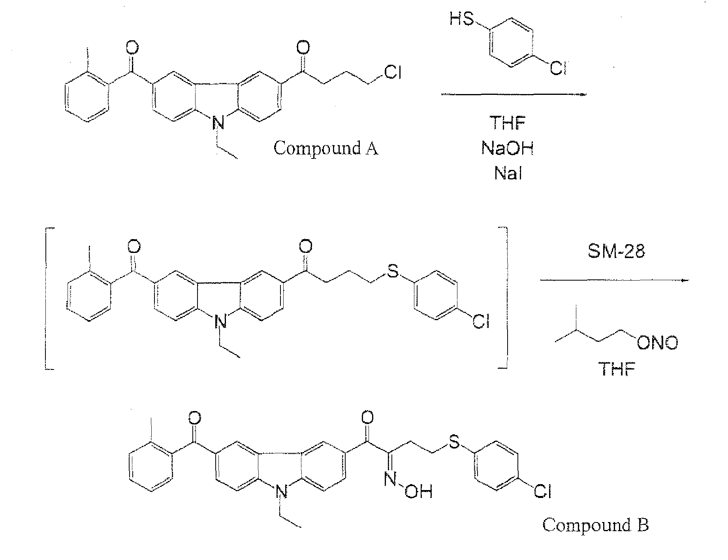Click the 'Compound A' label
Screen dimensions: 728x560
click(x=325, y=148)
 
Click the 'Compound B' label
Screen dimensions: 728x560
click(x=595, y=525)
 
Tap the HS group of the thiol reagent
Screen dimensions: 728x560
click(x=462, y=19)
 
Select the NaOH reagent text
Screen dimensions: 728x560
click(x=508, y=148)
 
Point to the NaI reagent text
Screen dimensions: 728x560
click(x=508, y=173)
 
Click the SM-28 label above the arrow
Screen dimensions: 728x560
click(x=616, y=251)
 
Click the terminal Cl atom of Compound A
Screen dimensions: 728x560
click(x=392, y=72)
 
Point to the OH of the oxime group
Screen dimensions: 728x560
click(x=418, y=492)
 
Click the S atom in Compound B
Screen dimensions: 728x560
click(x=454, y=442)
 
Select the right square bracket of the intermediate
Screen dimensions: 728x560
click(x=504, y=299)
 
